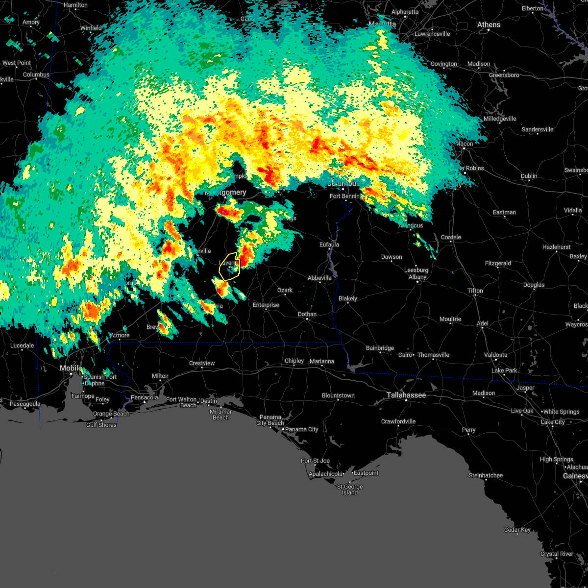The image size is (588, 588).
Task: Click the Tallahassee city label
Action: coord(406,395)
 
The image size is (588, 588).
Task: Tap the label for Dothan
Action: coord(307,314)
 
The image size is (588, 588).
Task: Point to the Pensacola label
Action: coord(145,397)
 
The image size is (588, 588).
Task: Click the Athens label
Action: coord(489,24)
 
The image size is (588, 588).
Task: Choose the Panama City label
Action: coord(302,429)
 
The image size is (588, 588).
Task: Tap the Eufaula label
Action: coord(329,245)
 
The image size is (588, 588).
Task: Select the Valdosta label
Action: coord(495,355)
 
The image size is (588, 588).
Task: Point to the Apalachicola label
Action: coord(325,474)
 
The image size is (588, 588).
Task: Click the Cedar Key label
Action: coord(517,530)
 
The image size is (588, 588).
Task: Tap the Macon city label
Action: coord(464,144)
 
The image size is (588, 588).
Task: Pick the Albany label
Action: coord(417,277)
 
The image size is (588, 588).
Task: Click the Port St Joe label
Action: coord(315,461)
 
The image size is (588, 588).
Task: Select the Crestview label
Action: coord(202,363)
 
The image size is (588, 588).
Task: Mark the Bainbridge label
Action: coord(380,348)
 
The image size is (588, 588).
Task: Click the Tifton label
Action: coord(475,291)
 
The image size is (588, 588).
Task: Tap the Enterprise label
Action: coord(266,305)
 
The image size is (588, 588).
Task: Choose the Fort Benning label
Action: coord(345,196)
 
